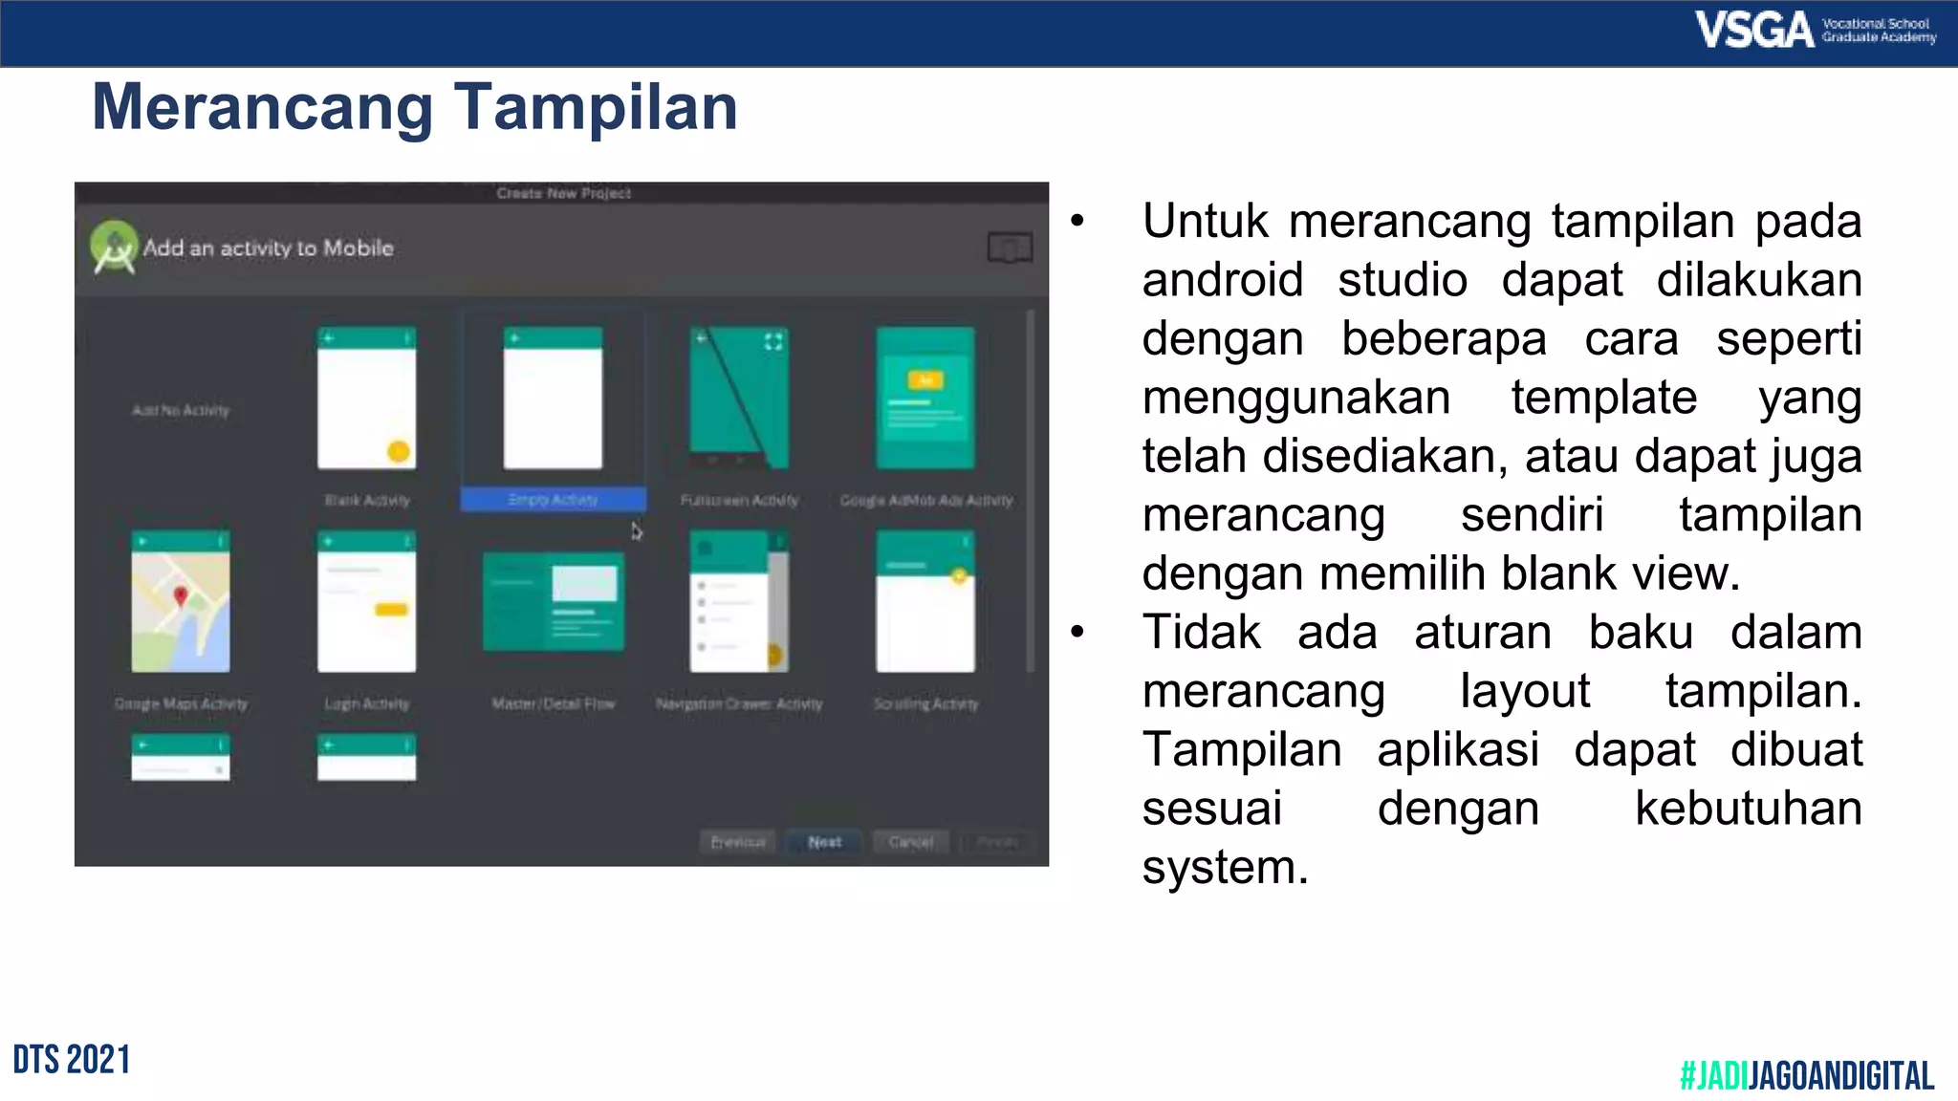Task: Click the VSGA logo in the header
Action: pyautogui.click(x=1753, y=30)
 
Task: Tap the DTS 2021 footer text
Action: pyautogui.click(x=72, y=1060)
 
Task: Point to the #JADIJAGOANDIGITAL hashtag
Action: pyautogui.click(x=1806, y=1075)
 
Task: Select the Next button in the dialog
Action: pyautogui.click(x=824, y=842)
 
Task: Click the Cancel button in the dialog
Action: pyautogui.click(x=910, y=842)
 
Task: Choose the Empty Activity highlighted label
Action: pyautogui.click(x=553, y=499)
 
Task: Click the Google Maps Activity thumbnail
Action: pyautogui.click(x=181, y=602)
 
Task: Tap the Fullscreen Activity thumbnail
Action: pyautogui.click(x=739, y=399)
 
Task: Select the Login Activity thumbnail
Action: pyautogui.click(x=367, y=602)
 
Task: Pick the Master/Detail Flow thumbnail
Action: pyautogui.click(x=553, y=602)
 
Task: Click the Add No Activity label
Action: pyautogui.click(x=181, y=411)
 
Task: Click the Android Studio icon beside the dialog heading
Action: pyautogui.click(x=114, y=247)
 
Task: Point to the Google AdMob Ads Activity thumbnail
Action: pyautogui.click(x=925, y=399)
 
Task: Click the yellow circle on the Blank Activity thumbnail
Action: pyautogui.click(x=399, y=451)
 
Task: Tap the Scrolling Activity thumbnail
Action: pyautogui.click(x=925, y=602)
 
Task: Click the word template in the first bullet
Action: pyautogui.click(x=1603, y=398)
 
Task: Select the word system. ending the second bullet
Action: pyautogui.click(x=1225, y=868)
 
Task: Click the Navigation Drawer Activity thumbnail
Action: pyautogui.click(x=739, y=602)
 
